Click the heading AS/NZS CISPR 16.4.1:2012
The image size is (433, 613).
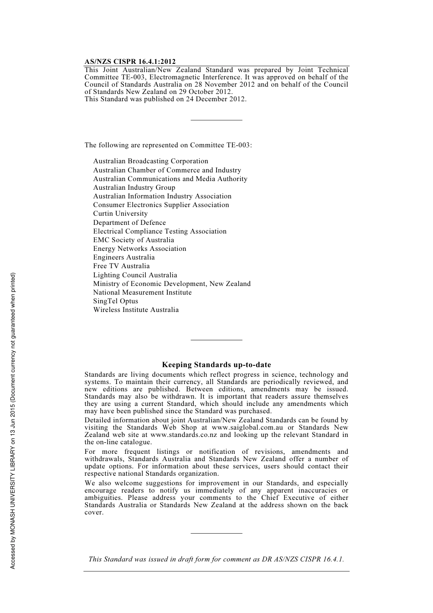click(130, 62)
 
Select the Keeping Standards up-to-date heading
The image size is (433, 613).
click(216, 365)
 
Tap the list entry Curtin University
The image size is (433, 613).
click(120, 213)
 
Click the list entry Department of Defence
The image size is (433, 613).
click(129, 223)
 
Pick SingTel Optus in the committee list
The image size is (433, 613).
click(115, 301)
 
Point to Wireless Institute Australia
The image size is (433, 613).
click(136, 310)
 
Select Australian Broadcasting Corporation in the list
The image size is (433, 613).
click(150, 161)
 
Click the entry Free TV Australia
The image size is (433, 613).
click(121, 266)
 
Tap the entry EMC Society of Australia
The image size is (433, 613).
click(134, 240)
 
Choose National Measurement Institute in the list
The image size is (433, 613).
click(142, 292)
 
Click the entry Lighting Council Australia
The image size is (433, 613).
click(135, 275)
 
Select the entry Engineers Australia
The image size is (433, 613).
click(124, 257)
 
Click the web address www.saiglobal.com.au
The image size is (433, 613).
click(247, 428)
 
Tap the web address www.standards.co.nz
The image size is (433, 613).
click(183, 435)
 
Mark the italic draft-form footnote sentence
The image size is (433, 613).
click(216, 559)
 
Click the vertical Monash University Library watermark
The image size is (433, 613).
click(13, 421)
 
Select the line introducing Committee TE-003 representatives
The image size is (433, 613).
click(168, 145)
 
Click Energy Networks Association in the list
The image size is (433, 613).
click(139, 249)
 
